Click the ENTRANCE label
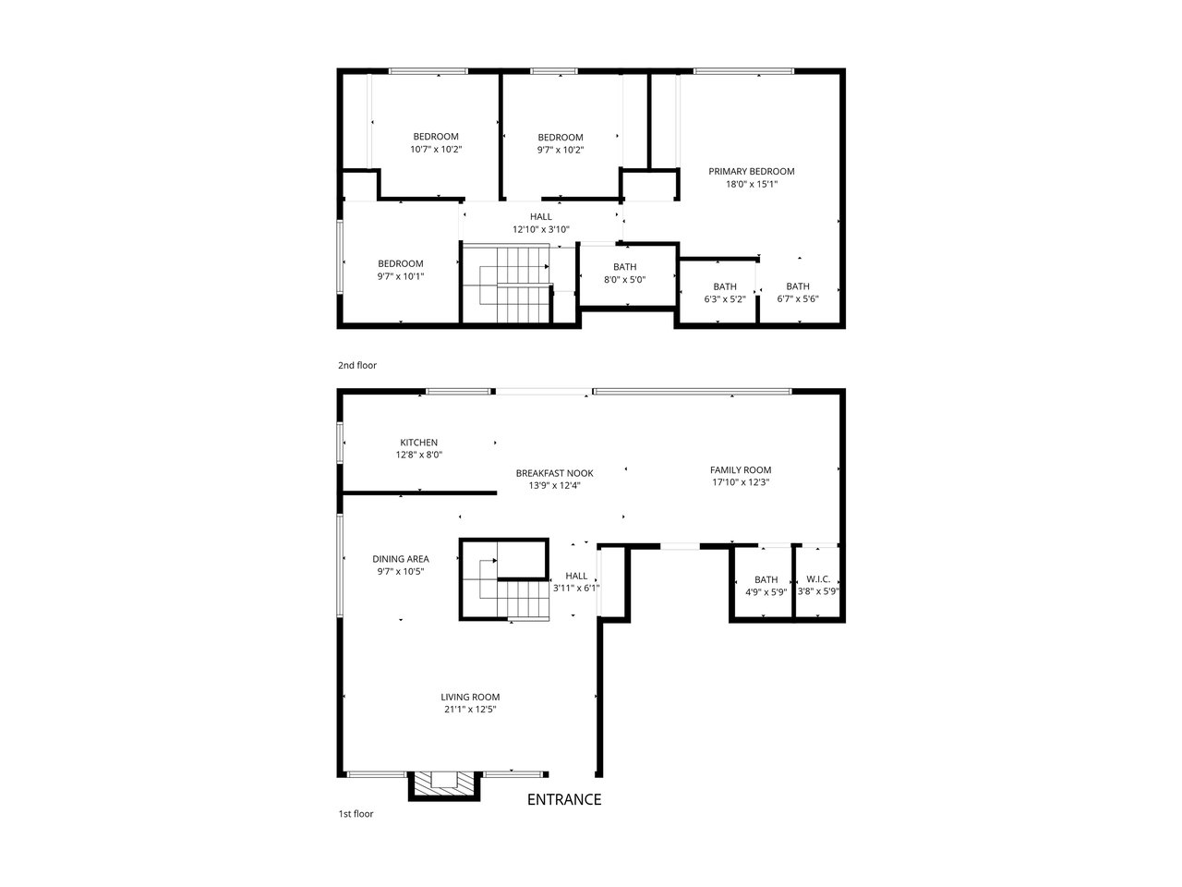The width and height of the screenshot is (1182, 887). [x=564, y=799]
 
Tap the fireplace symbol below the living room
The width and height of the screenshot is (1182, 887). [x=444, y=786]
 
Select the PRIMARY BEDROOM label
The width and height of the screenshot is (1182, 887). [x=751, y=171]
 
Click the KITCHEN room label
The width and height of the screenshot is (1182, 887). [x=419, y=443]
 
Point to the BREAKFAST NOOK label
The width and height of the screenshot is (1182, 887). [x=555, y=473]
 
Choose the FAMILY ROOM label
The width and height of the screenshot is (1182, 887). [x=741, y=469]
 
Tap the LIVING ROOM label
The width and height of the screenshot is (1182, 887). [x=470, y=697]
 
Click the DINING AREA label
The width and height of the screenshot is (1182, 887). [x=401, y=559]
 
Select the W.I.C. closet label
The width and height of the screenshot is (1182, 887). [x=818, y=579]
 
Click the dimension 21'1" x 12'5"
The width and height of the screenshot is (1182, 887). [x=470, y=710]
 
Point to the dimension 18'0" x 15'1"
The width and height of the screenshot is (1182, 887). [x=752, y=184]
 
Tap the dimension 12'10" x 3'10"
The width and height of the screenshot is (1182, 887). [x=540, y=229]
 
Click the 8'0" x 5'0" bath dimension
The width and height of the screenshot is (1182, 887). [x=624, y=280]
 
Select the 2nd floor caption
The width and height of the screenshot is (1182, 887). [x=357, y=365]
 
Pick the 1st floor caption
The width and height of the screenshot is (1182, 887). [x=356, y=814]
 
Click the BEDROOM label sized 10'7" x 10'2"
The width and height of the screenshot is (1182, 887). [x=436, y=136]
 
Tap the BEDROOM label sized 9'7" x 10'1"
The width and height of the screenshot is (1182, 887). [x=401, y=263]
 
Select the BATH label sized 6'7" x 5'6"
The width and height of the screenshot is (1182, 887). [x=798, y=286]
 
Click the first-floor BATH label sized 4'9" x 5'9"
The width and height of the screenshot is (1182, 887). [x=766, y=579]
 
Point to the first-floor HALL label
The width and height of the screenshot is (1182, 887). [x=576, y=576]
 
